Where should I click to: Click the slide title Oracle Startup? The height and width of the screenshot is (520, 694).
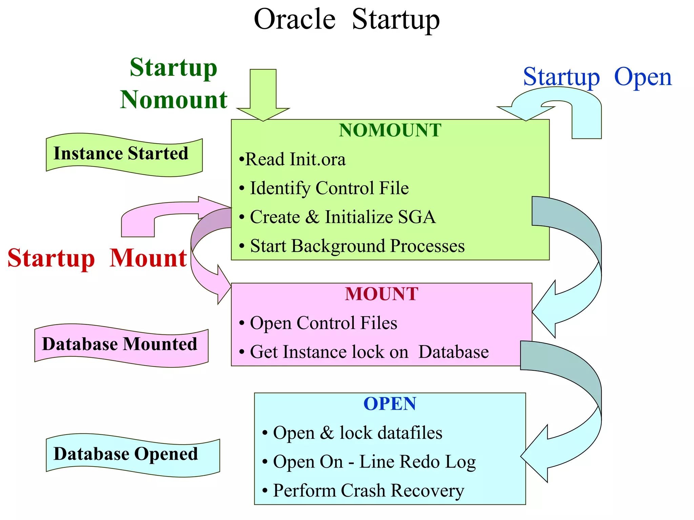click(x=347, y=20)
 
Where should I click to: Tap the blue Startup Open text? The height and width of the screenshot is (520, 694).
click(x=597, y=77)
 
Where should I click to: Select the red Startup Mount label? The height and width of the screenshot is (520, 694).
click(x=97, y=258)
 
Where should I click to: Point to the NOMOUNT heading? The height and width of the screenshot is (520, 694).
click(x=390, y=130)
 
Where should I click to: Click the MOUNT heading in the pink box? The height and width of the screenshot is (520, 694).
click(x=382, y=294)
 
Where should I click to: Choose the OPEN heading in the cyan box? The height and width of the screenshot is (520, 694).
click(x=390, y=404)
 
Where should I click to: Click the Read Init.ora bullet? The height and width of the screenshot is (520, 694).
click(x=292, y=159)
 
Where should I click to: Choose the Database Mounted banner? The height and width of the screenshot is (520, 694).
click(x=120, y=345)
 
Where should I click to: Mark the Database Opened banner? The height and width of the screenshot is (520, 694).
click(x=126, y=454)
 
